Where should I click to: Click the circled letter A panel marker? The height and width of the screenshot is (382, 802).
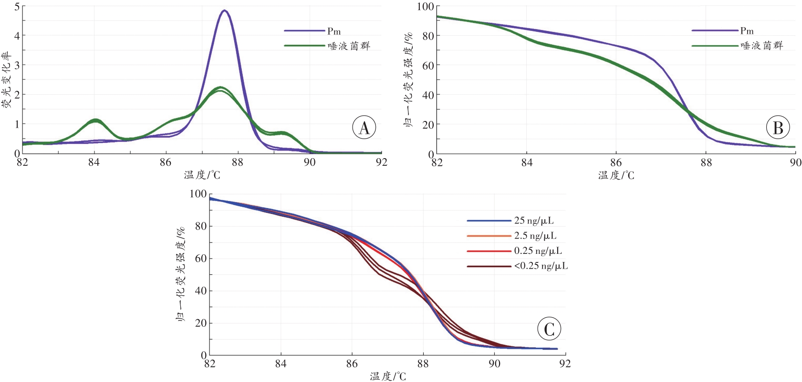point(364,128)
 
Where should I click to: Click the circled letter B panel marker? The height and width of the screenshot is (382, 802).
point(778,128)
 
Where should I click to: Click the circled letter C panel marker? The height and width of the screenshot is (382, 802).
point(549,329)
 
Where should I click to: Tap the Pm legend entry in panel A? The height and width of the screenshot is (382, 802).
point(333,31)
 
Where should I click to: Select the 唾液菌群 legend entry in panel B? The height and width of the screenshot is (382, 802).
point(761,46)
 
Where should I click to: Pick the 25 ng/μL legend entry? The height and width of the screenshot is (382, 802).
point(533,221)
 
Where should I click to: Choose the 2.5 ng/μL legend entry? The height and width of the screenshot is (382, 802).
point(535,236)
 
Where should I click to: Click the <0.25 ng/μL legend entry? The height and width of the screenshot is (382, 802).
point(541,266)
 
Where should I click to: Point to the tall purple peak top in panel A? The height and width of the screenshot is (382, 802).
point(224,10)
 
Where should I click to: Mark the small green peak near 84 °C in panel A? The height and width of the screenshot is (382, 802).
point(96,120)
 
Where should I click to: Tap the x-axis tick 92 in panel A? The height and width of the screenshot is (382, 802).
point(381,162)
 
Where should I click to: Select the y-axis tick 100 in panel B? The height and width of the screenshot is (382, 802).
point(426,6)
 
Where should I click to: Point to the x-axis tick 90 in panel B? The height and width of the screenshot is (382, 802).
point(795,162)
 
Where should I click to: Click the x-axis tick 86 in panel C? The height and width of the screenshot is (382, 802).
point(352,364)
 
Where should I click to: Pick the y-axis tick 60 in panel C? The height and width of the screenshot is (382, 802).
point(200,259)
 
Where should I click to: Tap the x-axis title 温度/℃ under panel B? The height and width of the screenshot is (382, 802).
point(616,175)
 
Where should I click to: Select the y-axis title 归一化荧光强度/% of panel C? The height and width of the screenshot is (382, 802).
point(181,275)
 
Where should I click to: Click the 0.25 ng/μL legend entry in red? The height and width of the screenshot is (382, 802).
point(538,251)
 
